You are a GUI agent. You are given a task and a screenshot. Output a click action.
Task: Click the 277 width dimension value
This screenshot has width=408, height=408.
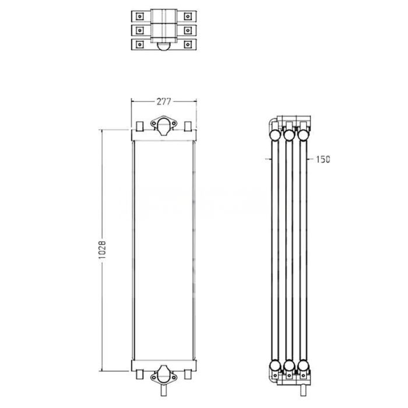coord(163,101)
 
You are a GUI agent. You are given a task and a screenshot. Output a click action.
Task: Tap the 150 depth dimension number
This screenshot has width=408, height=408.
coord(322,159)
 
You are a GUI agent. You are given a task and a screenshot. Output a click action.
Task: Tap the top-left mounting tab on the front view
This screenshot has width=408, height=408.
coord(140,126)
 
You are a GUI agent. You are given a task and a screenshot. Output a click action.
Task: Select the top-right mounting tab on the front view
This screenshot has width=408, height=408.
coord(187,126)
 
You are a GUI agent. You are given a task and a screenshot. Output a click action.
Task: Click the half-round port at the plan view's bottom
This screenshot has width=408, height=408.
coord(163,48)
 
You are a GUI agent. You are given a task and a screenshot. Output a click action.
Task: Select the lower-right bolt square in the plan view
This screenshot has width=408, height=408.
coord(187,44)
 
